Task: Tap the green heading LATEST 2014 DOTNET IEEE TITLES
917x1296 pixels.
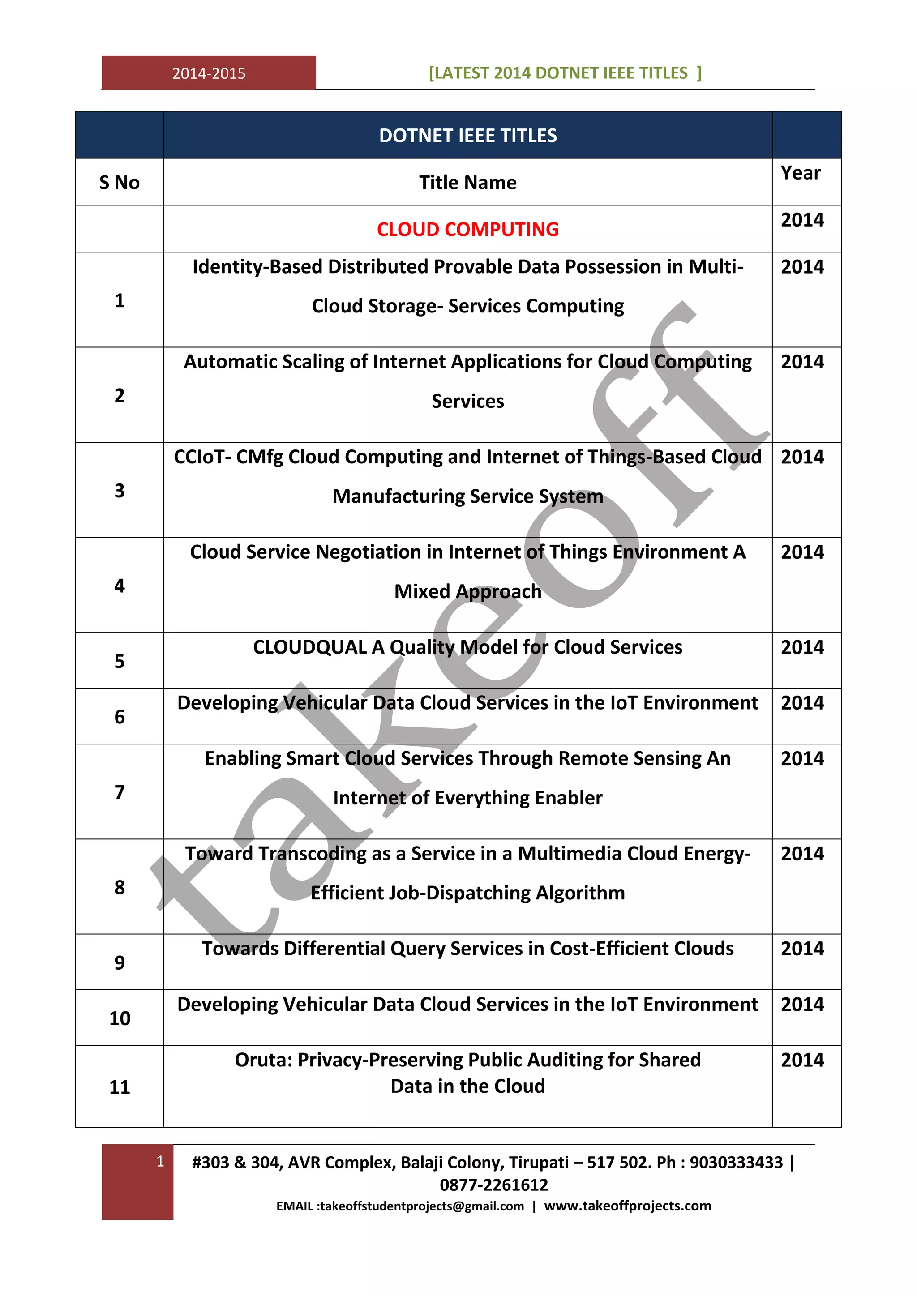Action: (x=565, y=73)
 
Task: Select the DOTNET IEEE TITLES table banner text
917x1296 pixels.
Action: (x=467, y=136)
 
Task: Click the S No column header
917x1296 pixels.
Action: (x=119, y=182)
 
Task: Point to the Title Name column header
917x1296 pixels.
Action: (x=467, y=182)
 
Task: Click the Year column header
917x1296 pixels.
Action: (x=800, y=173)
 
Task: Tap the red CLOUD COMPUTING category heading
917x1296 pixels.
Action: (x=467, y=229)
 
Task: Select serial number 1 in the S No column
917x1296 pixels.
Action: (x=119, y=300)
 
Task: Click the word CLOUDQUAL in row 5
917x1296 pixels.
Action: (x=309, y=647)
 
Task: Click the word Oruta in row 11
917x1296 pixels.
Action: (x=262, y=1060)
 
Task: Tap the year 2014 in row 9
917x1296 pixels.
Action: (x=802, y=948)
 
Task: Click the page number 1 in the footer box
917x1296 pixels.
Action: (x=160, y=1161)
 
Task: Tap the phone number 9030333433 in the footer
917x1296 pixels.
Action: (x=736, y=1162)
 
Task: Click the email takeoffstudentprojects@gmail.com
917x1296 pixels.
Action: (x=422, y=1206)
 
